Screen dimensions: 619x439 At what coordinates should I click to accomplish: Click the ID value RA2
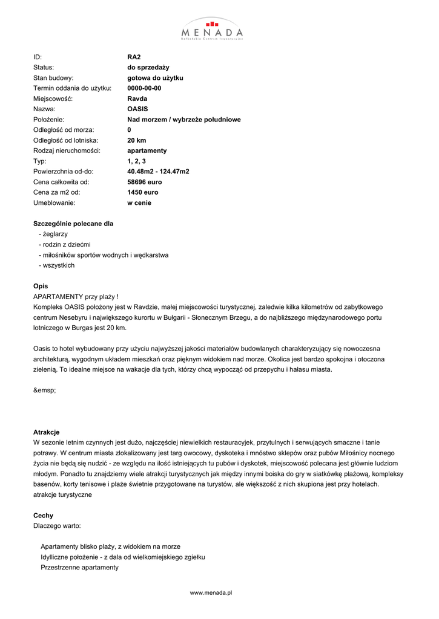(134, 57)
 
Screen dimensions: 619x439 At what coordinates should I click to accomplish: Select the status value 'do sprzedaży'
(148, 67)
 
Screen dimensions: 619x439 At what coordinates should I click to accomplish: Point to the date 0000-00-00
(144, 88)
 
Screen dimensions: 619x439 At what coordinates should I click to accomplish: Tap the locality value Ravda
(137, 99)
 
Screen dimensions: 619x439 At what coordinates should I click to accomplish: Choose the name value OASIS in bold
(137, 109)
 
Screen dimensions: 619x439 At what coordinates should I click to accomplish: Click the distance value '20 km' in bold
(136, 140)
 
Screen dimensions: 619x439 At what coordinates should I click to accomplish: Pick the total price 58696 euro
(144, 182)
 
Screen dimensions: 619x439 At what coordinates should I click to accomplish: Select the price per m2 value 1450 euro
(142, 192)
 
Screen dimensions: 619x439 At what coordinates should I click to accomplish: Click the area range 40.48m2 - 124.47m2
(158, 172)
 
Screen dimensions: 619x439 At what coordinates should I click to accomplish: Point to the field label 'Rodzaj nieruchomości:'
(67, 151)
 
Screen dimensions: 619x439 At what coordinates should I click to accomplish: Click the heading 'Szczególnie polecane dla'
(73, 224)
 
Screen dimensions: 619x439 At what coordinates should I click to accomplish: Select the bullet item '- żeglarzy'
(53, 234)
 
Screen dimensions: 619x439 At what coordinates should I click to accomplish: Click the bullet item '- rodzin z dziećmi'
(64, 244)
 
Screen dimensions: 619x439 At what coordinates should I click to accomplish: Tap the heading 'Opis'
(41, 286)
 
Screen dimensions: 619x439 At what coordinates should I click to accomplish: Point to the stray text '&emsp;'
(44, 390)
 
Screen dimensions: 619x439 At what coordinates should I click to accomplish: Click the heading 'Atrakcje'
(46, 432)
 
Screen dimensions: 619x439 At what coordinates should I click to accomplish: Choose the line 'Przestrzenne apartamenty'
(79, 568)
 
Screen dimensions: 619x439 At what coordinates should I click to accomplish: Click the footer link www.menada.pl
(211, 593)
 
